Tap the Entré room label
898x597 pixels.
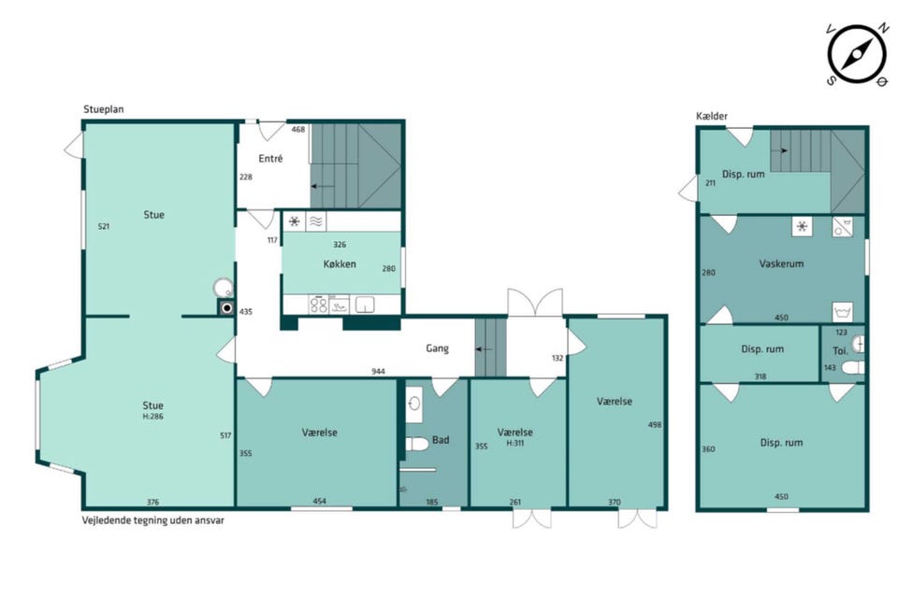point(270,159)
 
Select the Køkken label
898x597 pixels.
point(340,263)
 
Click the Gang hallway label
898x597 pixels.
point(437,348)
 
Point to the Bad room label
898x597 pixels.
point(441,440)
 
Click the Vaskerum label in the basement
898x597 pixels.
point(781,263)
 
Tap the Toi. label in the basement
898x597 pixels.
point(840,350)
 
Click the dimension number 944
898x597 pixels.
point(378,371)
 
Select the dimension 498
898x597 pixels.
point(655,424)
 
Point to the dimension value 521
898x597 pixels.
point(104,226)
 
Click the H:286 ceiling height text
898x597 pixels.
point(152,417)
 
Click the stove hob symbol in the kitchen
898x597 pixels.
point(318,305)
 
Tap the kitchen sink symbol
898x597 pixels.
point(365,305)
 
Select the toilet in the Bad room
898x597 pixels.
point(417,444)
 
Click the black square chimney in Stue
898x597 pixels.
point(226,308)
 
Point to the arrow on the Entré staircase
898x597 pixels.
point(323,187)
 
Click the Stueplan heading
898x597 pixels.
point(104,109)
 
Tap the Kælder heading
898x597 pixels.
point(712,116)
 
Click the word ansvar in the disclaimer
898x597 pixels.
point(209,520)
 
